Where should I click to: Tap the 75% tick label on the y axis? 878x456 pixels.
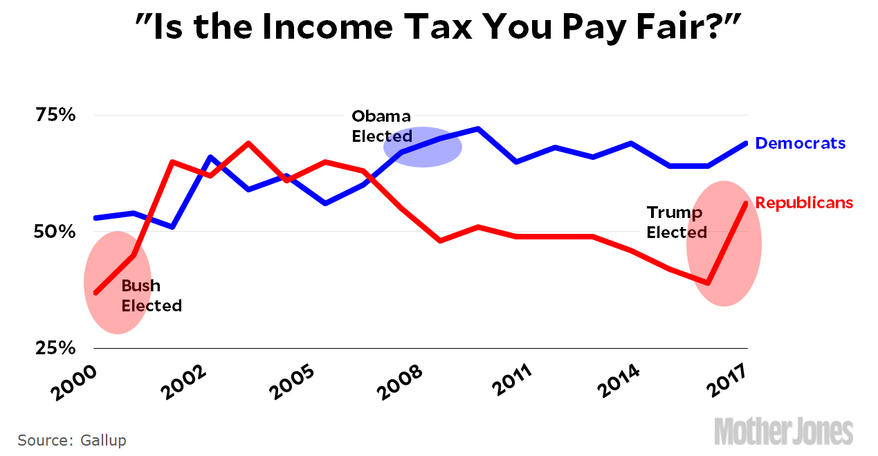[55, 115]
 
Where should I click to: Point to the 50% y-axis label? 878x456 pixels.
[55, 231]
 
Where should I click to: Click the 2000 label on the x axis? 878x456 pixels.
[73, 380]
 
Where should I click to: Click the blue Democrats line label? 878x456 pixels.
[800, 143]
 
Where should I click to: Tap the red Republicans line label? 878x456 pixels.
[804, 203]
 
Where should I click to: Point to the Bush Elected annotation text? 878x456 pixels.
[152, 295]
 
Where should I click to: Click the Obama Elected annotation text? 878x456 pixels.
[381, 125]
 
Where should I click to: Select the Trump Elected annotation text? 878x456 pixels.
[676, 222]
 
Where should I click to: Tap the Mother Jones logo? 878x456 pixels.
[783, 431]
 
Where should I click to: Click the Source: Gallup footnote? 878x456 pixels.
[72, 440]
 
